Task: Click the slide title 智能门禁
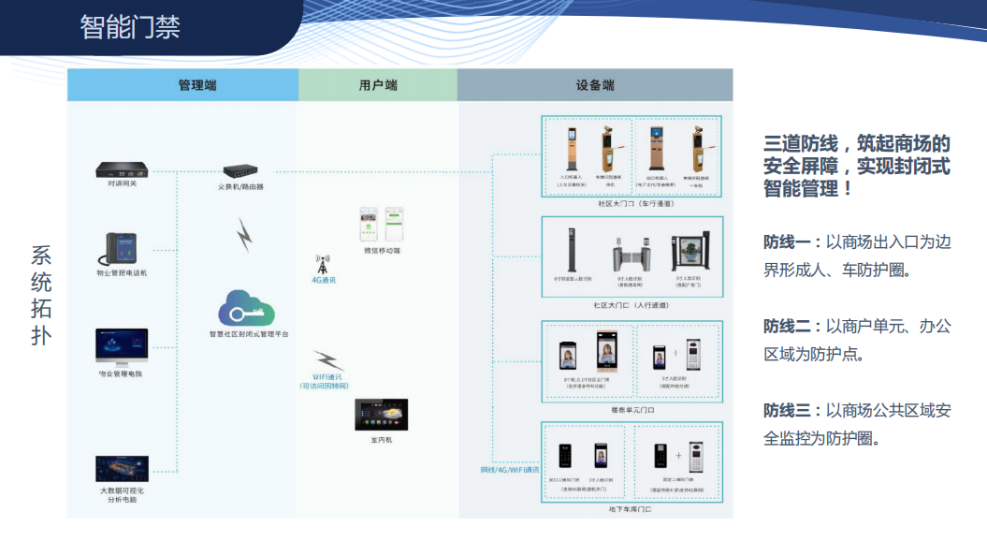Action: tap(130, 26)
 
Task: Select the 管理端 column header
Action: tap(197, 85)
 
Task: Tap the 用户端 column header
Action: tap(378, 85)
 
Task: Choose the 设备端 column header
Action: tap(595, 85)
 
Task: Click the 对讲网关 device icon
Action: tap(123, 170)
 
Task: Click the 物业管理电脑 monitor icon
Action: tap(122, 346)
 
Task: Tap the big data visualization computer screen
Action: tap(122, 469)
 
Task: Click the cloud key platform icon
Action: tap(246, 308)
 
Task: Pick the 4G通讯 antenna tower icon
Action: tap(324, 263)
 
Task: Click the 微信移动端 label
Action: tap(381, 251)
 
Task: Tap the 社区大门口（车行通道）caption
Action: tap(632, 202)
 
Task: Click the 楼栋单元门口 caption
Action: tap(632, 409)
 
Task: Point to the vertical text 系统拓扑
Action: tap(41, 295)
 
